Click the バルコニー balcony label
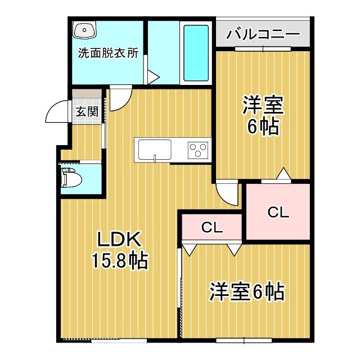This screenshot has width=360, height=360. (263, 34)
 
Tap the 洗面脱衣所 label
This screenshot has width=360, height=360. (108, 55)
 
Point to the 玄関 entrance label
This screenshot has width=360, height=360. (87, 111)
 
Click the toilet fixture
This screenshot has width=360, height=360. (73, 179)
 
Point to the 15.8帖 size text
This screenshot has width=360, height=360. (119, 260)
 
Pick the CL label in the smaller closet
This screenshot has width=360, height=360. (213, 228)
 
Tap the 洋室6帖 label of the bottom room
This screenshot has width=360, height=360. (247, 292)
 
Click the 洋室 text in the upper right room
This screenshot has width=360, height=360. (263, 105)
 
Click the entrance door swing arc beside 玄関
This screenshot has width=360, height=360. (56, 112)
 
